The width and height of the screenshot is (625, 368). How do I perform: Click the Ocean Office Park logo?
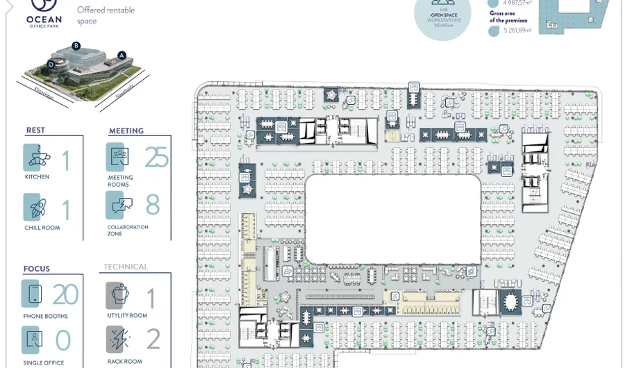pos(44,13)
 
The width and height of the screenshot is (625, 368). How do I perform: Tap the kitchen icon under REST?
pos(35,158)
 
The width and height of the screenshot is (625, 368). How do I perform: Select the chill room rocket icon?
pos(35,207)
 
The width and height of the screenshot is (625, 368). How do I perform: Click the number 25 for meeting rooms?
pos(157,158)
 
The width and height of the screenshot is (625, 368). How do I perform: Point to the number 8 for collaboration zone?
pos(153,205)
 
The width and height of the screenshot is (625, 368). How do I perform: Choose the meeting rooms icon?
pos(119,157)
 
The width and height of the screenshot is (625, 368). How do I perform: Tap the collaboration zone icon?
pos(119,206)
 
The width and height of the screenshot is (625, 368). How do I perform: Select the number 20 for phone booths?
pos(65,294)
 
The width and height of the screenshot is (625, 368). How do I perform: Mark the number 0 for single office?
pos(63,340)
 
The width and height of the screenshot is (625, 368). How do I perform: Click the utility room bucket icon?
pos(119,295)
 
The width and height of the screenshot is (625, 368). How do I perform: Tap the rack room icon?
pos(119,340)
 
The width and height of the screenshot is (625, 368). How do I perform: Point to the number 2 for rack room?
pos(153,339)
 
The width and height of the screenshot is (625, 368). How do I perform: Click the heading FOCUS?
pos(37,269)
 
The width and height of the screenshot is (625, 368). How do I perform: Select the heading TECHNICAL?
pos(126,267)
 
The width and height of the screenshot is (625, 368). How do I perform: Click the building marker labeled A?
pos(122,55)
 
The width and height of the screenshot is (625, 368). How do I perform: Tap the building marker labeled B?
pos(76,46)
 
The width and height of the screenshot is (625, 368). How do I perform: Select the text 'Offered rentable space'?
pos(106,15)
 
